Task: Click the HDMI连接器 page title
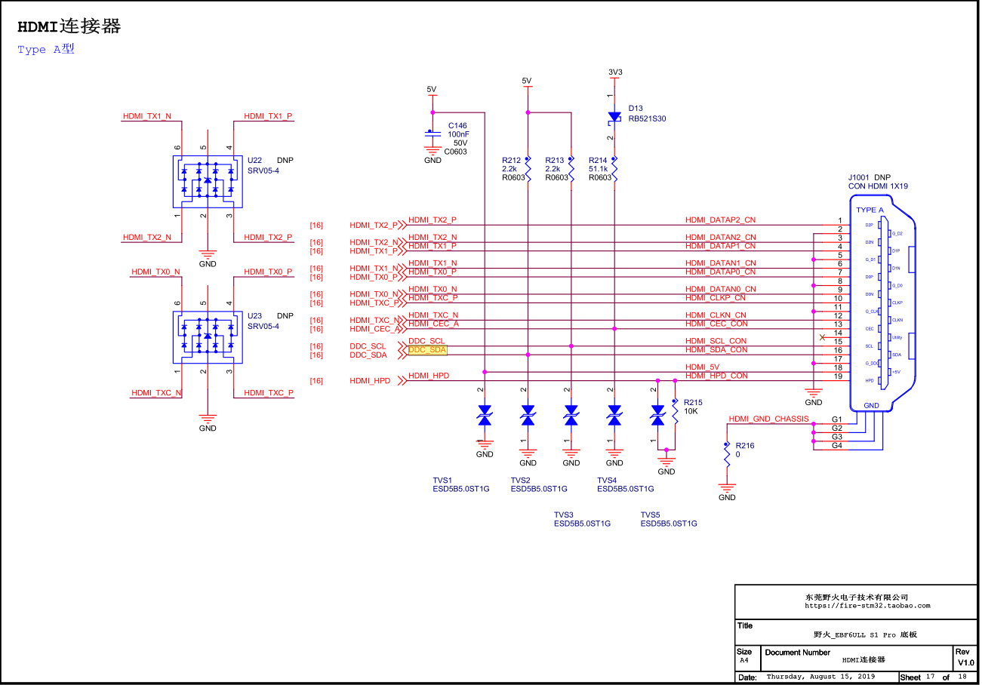pos(69,27)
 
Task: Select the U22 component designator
pos(255,161)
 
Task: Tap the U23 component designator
pos(255,316)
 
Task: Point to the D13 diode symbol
pos(614,118)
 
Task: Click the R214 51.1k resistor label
pos(599,169)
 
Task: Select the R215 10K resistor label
pos(692,407)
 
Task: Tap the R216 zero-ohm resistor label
pos(744,450)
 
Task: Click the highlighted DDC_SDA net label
pos(427,350)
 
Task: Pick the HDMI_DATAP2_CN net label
pos(720,220)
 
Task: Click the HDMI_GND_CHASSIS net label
pos(768,419)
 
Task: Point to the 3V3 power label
pos(615,72)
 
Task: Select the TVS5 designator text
pos(651,515)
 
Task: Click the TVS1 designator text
pos(442,480)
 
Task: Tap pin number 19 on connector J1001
pos(837,376)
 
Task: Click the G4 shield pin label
pos(836,446)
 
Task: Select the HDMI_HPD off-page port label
pos(370,381)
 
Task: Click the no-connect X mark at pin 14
pos(822,337)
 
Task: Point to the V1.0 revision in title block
pos(966,662)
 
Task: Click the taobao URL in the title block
pos(867,605)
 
